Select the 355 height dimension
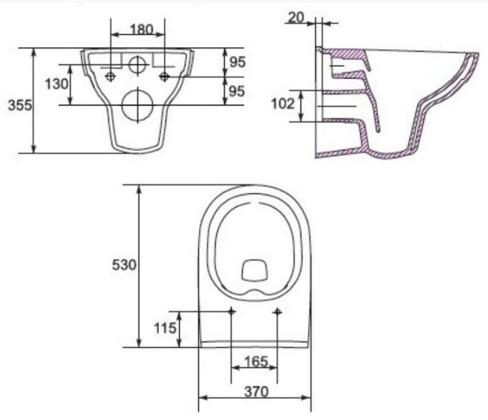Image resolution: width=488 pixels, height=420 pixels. coord(19,105)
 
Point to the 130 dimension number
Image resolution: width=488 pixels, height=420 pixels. coord(57,83)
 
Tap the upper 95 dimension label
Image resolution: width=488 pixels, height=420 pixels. coord(237,62)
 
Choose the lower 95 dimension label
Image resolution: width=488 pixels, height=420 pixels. coord(237,91)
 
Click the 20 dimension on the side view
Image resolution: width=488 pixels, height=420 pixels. coord(295,17)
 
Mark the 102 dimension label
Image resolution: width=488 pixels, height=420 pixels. coord(283,105)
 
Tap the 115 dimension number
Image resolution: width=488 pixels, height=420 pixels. coord(166,329)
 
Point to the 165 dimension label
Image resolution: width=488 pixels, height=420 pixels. coord(255,362)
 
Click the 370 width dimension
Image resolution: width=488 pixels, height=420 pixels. coord(255,391)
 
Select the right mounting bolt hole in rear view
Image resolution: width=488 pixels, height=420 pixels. coord(165,76)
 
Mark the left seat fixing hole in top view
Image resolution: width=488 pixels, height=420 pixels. coord(232,312)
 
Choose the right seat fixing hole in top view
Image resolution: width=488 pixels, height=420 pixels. coord(278,312)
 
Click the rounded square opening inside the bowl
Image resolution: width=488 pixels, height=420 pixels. coord(254,270)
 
